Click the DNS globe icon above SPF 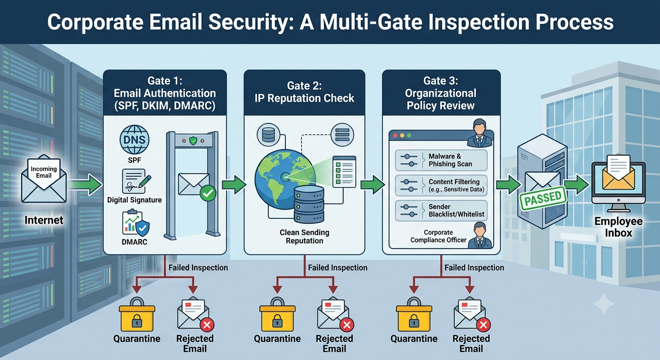point(135,140)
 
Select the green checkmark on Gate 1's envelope point(208,193)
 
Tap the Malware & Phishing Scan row point(441,160)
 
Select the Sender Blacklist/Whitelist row point(441,210)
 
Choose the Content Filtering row point(441,185)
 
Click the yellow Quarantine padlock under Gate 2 point(277,315)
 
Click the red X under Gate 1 point(207,325)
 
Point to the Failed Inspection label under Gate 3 point(474,268)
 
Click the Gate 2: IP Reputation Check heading point(304,92)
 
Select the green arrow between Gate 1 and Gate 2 point(234,185)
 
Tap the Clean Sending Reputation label point(304,237)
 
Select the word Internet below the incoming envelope point(44,220)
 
